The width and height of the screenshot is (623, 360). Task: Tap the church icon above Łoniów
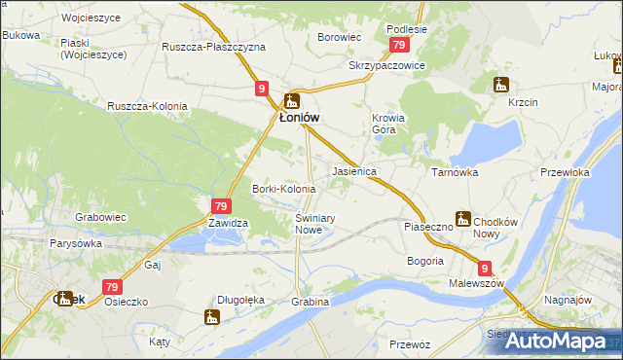click(292, 99)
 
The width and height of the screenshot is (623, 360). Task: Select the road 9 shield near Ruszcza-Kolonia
click(262, 89)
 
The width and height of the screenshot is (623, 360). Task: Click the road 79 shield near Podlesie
click(398, 46)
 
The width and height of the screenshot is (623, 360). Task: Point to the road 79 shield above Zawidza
click(221, 206)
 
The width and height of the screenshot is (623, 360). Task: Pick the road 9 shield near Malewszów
click(485, 268)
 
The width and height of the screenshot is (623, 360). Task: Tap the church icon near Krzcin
click(501, 84)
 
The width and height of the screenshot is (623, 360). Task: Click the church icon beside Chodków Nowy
click(463, 219)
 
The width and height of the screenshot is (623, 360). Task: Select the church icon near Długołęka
click(211, 315)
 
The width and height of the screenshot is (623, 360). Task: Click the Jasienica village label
click(354, 171)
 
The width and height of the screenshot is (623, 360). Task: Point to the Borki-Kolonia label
click(283, 189)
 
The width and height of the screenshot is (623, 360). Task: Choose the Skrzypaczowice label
click(386, 65)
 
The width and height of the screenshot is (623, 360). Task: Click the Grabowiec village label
click(101, 218)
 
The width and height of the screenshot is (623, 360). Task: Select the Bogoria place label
click(425, 261)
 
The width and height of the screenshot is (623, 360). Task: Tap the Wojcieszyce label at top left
click(61, 18)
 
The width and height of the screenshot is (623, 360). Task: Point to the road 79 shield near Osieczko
click(112, 287)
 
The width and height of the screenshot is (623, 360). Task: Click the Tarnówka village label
click(454, 171)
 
